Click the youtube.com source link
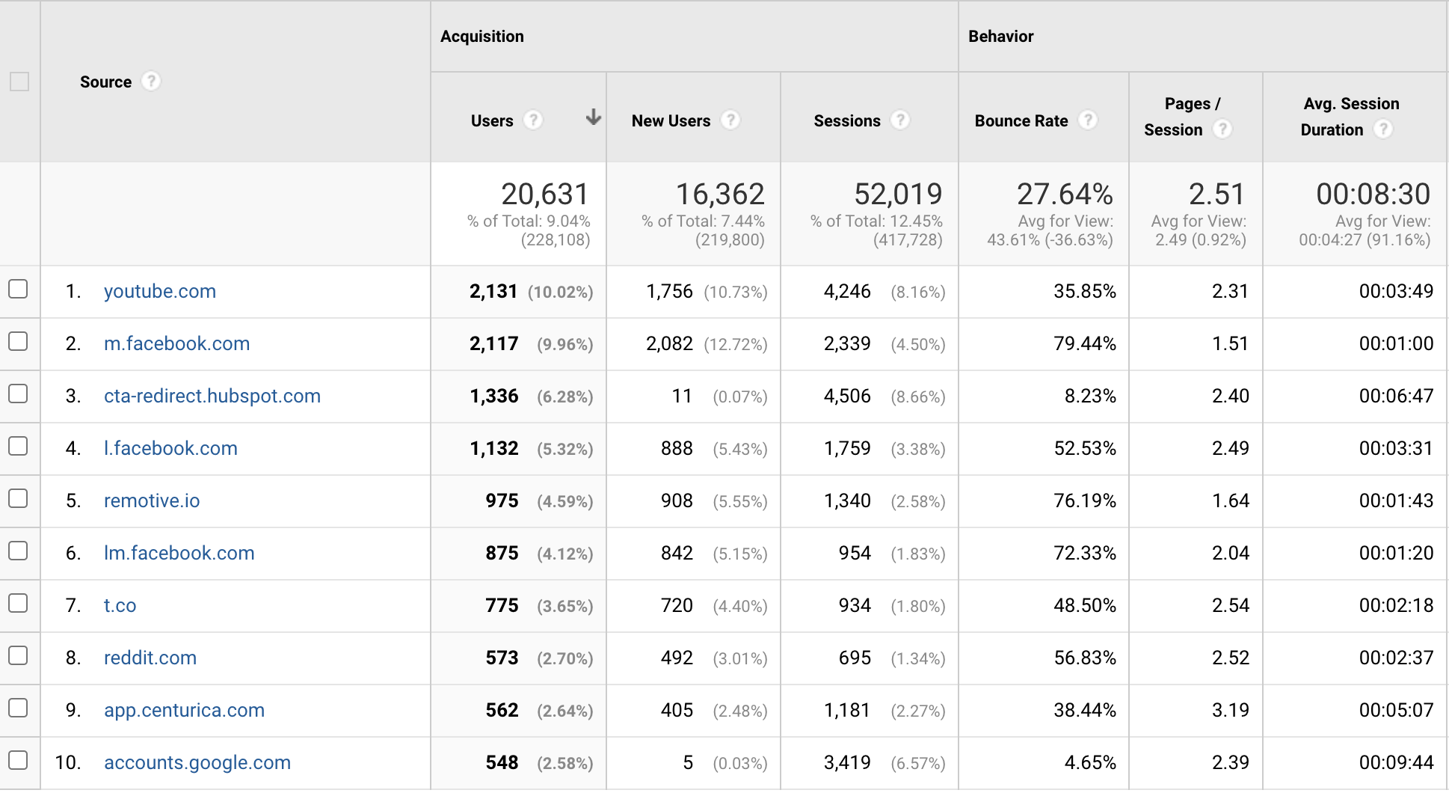coord(159,291)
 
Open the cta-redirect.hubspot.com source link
coord(212,396)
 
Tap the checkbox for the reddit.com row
coord(18,656)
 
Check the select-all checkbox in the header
coord(19,82)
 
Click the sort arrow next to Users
coord(593,117)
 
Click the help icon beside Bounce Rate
coord(1088,120)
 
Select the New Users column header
coord(671,120)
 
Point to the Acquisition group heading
coord(482,36)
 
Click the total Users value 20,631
coord(544,195)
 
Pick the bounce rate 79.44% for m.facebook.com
coord(1084,343)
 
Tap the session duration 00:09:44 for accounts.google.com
coord(1396,762)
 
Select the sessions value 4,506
coord(847,396)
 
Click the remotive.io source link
coord(152,500)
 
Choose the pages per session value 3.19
coord(1230,710)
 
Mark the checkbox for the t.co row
coord(18,604)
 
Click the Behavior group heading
coord(1000,36)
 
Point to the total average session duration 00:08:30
coord(1373,195)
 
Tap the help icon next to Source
coord(151,81)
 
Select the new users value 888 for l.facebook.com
coord(677,448)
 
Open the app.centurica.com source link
coord(184,710)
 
